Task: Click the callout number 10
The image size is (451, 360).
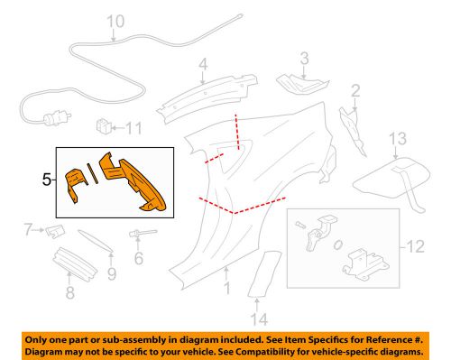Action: [115, 21]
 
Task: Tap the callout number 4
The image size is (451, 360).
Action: [204, 64]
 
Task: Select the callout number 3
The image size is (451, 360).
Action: [305, 60]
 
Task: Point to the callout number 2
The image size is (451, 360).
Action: [355, 89]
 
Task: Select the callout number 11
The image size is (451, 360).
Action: [133, 127]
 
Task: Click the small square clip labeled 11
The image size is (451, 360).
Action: [103, 125]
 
